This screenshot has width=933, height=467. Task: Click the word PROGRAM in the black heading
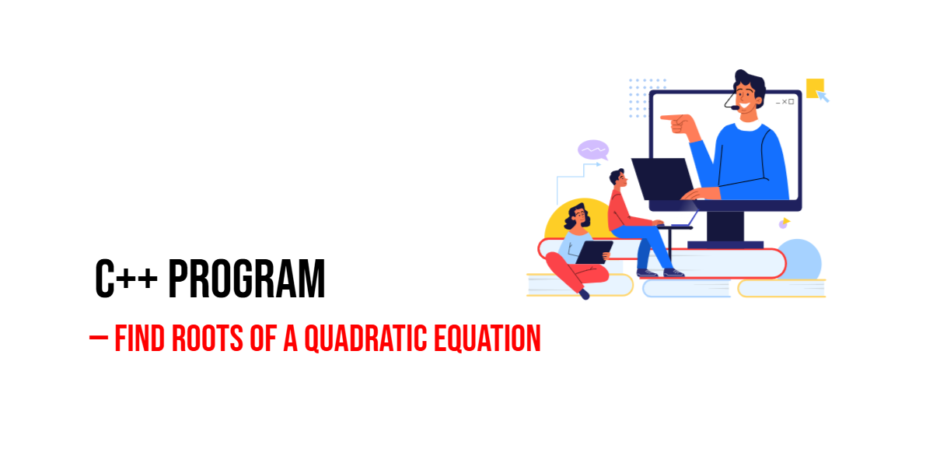pyautogui.click(x=246, y=279)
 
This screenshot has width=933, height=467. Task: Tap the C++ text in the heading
pyautogui.click(x=126, y=279)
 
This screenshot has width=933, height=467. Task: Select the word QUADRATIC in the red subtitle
pyautogui.click(x=365, y=339)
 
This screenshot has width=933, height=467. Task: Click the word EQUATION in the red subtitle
pyautogui.click(x=487, y=339)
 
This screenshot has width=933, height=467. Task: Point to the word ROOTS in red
pyautogui.click(x=208, y=338)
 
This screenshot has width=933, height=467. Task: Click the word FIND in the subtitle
pyautogui.click(x=139, y=338)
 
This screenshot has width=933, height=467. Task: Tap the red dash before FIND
pyautogui.click(x=99, y=338)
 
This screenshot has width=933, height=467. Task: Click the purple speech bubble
pyautogui.click(x=593, y=150)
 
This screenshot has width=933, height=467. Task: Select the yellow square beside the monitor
pyautogui.click(x=815, y=88)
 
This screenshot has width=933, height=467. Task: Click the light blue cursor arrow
pyautogui.click(x=823, y=97)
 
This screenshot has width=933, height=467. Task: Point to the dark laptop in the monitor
pyautogui.click(x=662, y=178)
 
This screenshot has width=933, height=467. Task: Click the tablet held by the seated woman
pyautogui.click(x=594, y=252)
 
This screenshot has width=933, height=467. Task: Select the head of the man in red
pyautogui.click(x=618, y=178)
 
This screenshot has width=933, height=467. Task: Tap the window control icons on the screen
pyautogui.click(x=784, y=102)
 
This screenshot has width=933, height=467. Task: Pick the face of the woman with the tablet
pyautogui.click(x=580, y=217)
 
